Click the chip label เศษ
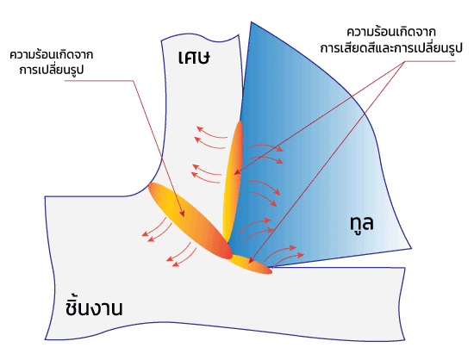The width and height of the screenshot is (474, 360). (194, 57)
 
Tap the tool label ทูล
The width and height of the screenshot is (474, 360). (362, 223)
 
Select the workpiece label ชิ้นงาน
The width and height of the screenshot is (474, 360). (94, 307)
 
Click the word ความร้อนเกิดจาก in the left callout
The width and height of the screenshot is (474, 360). (52, 55)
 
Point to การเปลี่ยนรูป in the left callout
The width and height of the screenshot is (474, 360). (52, 70)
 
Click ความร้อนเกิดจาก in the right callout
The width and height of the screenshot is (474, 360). (391, 32)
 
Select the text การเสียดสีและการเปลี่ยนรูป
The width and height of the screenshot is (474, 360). (391, 48)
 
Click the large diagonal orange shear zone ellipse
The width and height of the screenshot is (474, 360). (190, 220)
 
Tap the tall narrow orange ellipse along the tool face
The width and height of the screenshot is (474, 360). (233, 181)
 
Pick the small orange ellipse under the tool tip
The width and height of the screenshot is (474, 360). (250, 264)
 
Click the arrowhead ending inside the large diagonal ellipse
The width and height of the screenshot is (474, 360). (183, 214)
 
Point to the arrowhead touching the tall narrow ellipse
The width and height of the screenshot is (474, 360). (236, 173)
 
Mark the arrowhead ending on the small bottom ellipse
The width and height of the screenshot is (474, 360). (251, 261)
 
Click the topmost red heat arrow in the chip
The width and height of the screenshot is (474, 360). (212, 133)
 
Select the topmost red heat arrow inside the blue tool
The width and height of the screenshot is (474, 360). (266, 146)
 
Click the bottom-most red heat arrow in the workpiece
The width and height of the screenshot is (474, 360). (184, 258)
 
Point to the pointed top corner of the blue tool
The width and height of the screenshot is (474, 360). (251, 22)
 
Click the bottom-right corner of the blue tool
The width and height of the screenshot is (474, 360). (411, 249)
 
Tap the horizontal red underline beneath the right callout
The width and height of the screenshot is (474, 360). (430, 61)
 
